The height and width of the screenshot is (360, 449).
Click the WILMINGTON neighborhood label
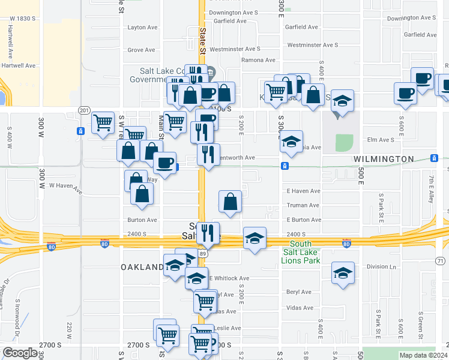[x=384, y=159]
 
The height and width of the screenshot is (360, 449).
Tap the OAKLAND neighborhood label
[x=142, y=266]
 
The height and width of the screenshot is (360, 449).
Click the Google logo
[x=20, y=353]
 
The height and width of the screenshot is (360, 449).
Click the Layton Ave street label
[x=142, y=27]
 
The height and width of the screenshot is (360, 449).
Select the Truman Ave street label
[x=303, y=205]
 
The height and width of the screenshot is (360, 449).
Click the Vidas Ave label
[x=300, y=308]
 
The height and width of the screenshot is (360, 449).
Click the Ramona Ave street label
[x=258, y=60]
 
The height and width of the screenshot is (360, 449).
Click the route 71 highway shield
[x=441, y=260]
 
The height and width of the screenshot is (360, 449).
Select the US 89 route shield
[x=203, y=254]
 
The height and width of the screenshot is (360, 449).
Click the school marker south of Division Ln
[x=343, y=273]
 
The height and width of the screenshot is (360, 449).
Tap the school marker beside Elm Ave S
[x=291, y=142]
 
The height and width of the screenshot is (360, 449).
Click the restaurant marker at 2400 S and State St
[x=208, y=233]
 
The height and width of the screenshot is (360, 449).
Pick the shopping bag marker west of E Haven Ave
[x=230, y=202]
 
